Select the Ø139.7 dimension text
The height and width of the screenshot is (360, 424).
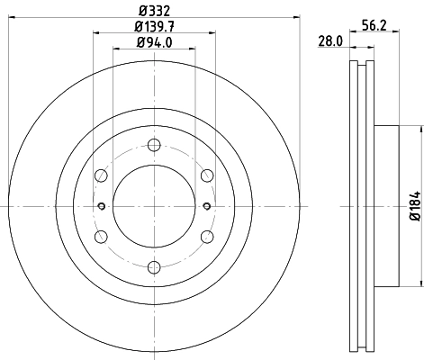click(x=154, y=27)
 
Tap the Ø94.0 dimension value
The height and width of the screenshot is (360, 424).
click(x=154, y=43)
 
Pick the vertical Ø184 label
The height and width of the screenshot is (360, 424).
click(x=415, y=205)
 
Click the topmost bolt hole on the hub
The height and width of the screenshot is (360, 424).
click(x=154, y=146)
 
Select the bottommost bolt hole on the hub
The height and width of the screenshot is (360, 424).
click(x=154, y=265)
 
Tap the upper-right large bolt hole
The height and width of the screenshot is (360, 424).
click(x=206, y=175)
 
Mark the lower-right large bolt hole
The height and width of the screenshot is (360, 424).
click(x=206, y=236)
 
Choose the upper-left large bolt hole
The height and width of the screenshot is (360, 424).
click(x=102, y=175)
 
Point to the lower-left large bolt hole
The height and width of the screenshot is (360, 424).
click(x=102, y=236)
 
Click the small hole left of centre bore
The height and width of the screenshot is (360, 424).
click(x=101, y=206)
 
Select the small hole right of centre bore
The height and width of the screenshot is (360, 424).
click(x=207, y=206)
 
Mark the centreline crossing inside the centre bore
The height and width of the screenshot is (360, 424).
click(x=154, y=206)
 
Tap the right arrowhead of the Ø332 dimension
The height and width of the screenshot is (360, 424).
click(x=295, y=18)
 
